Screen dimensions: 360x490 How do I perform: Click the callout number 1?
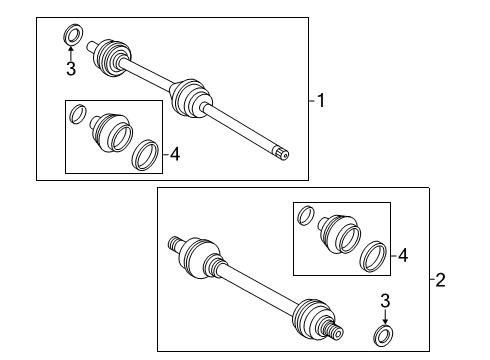click(321, 99)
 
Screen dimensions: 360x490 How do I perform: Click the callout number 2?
click(441, 280)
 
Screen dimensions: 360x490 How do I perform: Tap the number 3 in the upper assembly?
click(70, 68)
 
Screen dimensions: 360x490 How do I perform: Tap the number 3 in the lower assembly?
click(383, 299)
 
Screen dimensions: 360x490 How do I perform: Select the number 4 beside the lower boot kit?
click(403, 256)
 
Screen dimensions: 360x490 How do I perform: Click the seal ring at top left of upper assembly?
click(72, 36)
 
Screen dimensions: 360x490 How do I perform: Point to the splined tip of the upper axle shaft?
click(283, 152)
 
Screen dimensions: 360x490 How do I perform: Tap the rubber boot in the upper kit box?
click(108, 133)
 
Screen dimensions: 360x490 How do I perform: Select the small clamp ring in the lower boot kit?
click(307, 215)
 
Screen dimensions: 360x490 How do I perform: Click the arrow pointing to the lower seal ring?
click(383, 315)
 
